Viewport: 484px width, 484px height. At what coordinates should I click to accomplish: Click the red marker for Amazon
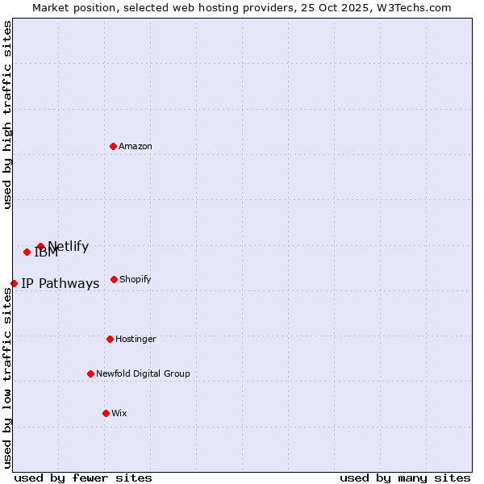(113, 146)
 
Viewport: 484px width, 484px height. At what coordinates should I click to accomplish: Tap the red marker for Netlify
(40, 246)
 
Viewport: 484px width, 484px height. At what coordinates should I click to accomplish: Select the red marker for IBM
(27, 252)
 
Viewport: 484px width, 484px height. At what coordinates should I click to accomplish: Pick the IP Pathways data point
(14, 283)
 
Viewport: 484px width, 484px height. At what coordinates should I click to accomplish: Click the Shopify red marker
(114, 279)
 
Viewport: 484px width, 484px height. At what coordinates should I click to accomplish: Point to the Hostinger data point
(110, 339)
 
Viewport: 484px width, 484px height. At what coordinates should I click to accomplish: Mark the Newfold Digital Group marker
(90, 373)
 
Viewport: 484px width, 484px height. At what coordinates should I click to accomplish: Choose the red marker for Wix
(106, 413)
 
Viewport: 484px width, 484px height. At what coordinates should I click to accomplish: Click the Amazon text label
(136, 146)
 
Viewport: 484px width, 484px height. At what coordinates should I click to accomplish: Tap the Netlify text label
(69, 247)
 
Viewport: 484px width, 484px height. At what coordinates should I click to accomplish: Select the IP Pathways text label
(60, 283)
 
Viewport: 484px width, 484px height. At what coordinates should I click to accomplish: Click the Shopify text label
(136, 279)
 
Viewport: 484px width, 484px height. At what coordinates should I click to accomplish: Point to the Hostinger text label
(136, 339)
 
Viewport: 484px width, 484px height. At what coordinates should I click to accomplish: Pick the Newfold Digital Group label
(143, 373)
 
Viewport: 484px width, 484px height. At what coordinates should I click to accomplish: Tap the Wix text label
(119, 413)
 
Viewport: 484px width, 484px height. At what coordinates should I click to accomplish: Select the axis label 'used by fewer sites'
(83, 478)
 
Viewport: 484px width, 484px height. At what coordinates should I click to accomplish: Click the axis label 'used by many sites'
(405, 478)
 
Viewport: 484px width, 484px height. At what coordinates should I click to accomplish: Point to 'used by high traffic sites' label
(7, 115)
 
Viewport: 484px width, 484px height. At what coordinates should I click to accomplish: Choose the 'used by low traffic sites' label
(7, 378)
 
